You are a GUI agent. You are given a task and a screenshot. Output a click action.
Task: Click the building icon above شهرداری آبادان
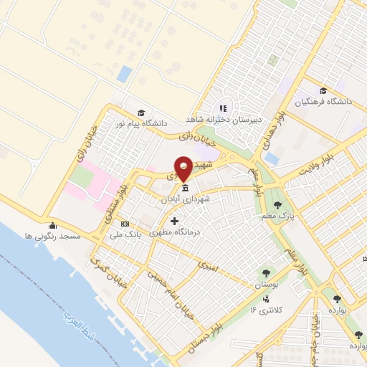[x=186, y=188]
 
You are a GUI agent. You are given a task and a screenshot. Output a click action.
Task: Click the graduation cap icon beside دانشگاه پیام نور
[x=141, y=113]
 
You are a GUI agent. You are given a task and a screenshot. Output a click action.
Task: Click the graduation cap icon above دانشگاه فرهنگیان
[x=324, y=90]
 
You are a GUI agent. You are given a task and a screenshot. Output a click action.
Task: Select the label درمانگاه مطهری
[x=173, y=233]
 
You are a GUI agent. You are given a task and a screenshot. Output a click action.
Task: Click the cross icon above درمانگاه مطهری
[x=173, y=221]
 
